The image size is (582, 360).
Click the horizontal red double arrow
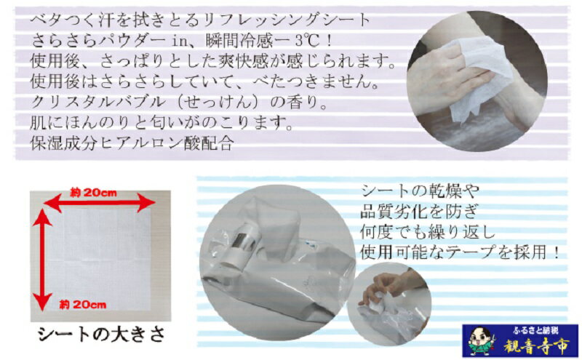[100, 203]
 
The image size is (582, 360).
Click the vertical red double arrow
[42, 260]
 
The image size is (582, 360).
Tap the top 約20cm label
[93, 193]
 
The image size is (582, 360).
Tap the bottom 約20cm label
[83, 305]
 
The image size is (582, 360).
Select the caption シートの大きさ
[101, 335]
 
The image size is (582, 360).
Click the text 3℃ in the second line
[307, 41]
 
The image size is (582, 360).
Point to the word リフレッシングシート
[286, 20]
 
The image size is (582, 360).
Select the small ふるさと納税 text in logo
[535, 330]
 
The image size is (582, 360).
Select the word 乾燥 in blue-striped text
[446, 191]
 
